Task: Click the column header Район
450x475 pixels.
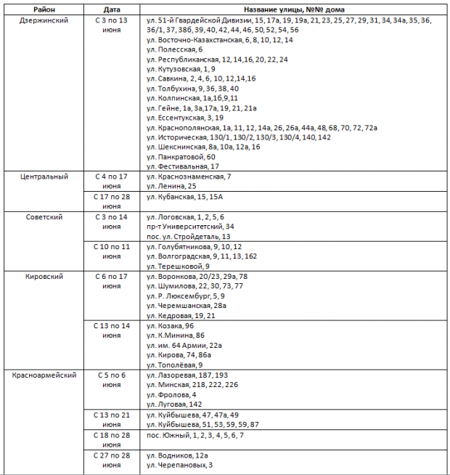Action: tap(42, 9)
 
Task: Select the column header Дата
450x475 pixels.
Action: tap(112, 9)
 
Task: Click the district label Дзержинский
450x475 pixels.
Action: tap(43, 20)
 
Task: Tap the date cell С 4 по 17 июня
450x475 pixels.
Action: tap(112, 181)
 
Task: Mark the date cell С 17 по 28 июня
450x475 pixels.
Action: tap(112, 201)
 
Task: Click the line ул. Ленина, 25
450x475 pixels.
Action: tap(171, 187)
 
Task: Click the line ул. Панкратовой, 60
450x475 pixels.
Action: tap(181, 157)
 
